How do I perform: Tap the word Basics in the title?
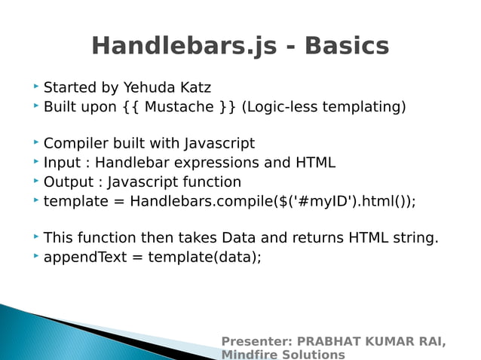(348, 46)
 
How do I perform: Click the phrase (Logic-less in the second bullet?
(279, 107)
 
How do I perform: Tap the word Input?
(61, 163)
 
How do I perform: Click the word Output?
(67, 182)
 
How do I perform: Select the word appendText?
(83, 257)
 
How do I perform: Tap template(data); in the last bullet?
(204, 257)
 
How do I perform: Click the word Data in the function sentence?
(237, 238)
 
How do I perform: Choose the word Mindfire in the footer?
(247, 355)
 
